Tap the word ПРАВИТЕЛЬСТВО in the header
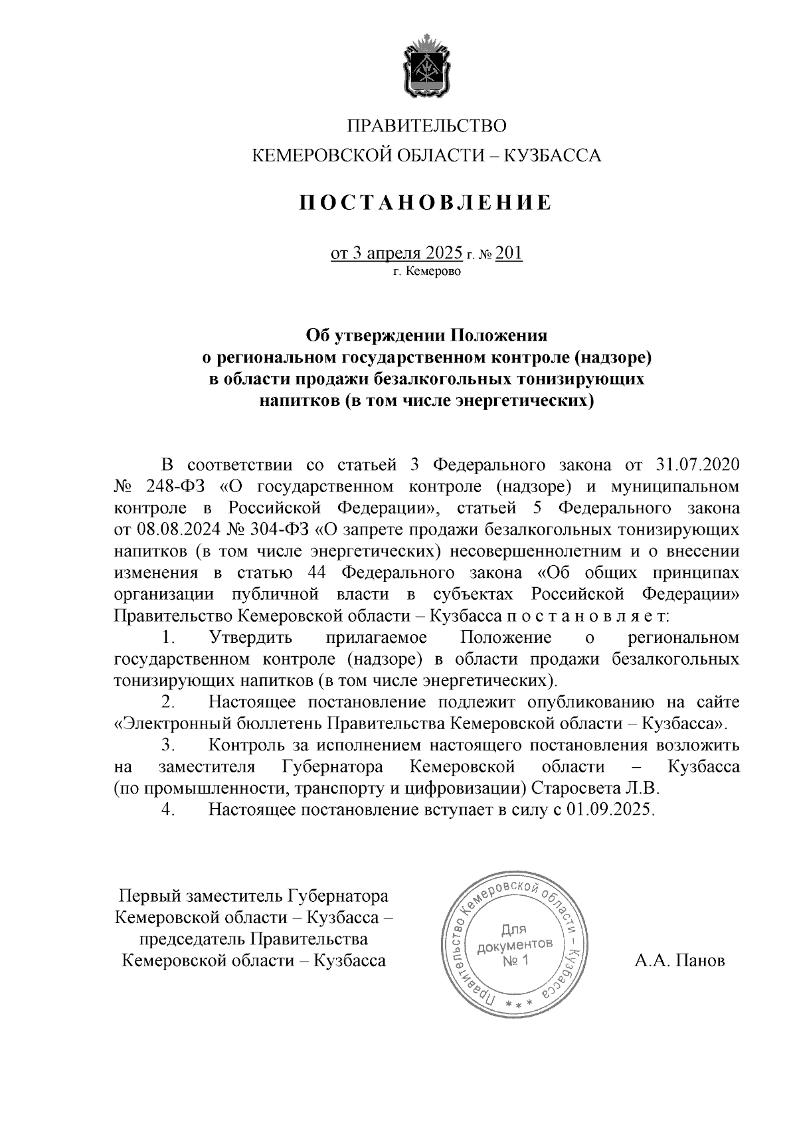[427, 126]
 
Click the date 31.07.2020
[697, 464]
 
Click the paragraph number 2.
[168, 702]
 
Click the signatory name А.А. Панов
[679, 961]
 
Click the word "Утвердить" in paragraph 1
[251, 638]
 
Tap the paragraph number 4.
[168, 810]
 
